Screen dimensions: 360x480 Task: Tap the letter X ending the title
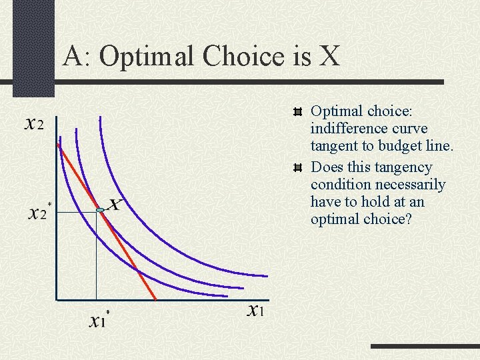coord(328,57)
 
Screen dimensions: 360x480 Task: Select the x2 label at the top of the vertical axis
coord(34,124)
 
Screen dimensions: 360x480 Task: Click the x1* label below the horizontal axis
coord(99,320)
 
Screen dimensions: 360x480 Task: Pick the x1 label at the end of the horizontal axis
coord(257,310)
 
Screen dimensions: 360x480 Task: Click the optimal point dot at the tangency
coord(100,211)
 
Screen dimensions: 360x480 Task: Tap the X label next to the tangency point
coord(115,205)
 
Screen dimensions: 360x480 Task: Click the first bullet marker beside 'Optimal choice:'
coord(297,111)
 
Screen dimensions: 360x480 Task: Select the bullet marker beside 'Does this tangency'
coord(297,168)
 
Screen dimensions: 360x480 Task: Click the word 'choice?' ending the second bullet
coord(391,219)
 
